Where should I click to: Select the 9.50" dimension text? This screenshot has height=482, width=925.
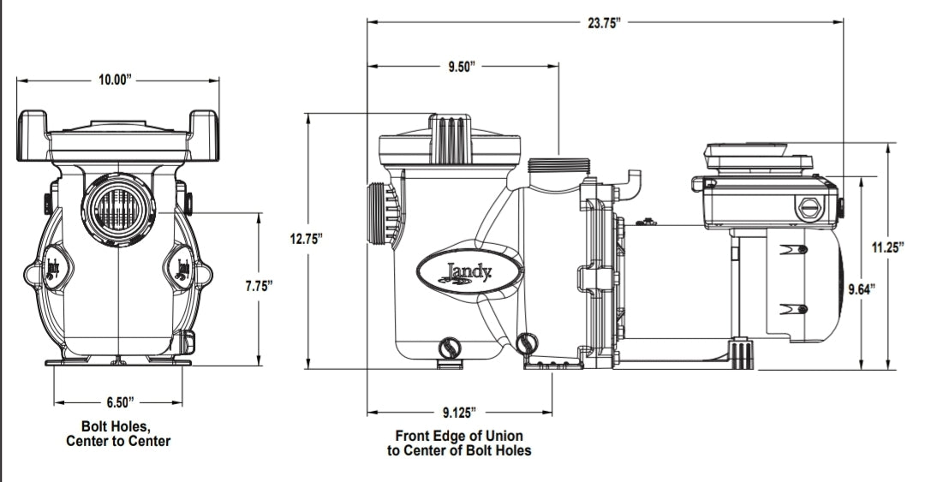[x=462, y=67]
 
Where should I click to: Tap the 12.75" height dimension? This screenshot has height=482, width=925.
[x=305, y=240]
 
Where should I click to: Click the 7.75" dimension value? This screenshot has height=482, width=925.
[x=258, y=286]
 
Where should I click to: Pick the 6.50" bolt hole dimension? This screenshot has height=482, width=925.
[x=118, y=401]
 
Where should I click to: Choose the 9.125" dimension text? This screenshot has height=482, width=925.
[x=461, y=413]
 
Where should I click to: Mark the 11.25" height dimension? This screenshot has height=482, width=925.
[x=888, y=247]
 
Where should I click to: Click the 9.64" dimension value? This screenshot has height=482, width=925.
[x=860, y=289]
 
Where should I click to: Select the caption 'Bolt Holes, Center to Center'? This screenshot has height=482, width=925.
[x=118, y=433]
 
